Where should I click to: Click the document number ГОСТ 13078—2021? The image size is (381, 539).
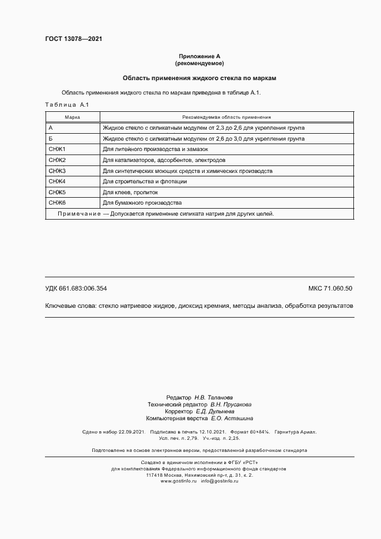73,39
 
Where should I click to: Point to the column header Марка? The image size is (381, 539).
72,116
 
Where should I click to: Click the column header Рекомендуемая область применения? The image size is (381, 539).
227,116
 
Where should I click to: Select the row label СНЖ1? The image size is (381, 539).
58,149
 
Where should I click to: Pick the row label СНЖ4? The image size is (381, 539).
58,182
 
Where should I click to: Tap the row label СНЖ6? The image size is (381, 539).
58,203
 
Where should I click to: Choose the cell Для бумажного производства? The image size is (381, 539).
142,203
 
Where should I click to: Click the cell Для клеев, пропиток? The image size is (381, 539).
130,193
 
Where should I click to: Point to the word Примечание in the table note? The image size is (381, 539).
79,214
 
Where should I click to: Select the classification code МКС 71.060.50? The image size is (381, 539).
330,288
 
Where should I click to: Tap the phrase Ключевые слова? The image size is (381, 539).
70,306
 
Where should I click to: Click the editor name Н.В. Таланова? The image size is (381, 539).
213,398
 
